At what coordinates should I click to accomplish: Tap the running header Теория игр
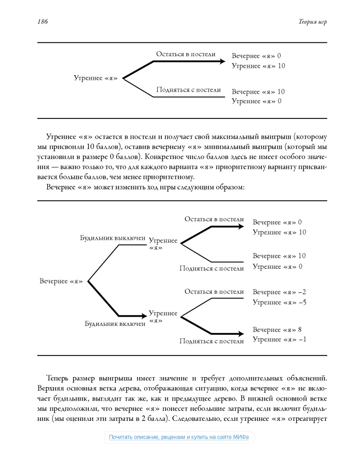312,22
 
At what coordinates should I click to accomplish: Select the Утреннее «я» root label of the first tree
95,78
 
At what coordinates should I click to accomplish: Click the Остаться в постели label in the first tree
185,54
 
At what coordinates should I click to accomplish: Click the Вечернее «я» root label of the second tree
61,281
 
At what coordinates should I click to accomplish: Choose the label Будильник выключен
112,238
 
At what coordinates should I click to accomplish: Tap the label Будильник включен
115,324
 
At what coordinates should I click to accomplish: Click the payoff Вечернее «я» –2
279,292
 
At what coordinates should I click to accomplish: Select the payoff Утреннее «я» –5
280,302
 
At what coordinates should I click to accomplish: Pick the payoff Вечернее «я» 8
277,330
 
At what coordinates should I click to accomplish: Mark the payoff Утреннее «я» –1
280,340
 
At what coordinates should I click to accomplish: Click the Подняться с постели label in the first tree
188,90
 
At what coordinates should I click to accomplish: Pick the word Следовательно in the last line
195,419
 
